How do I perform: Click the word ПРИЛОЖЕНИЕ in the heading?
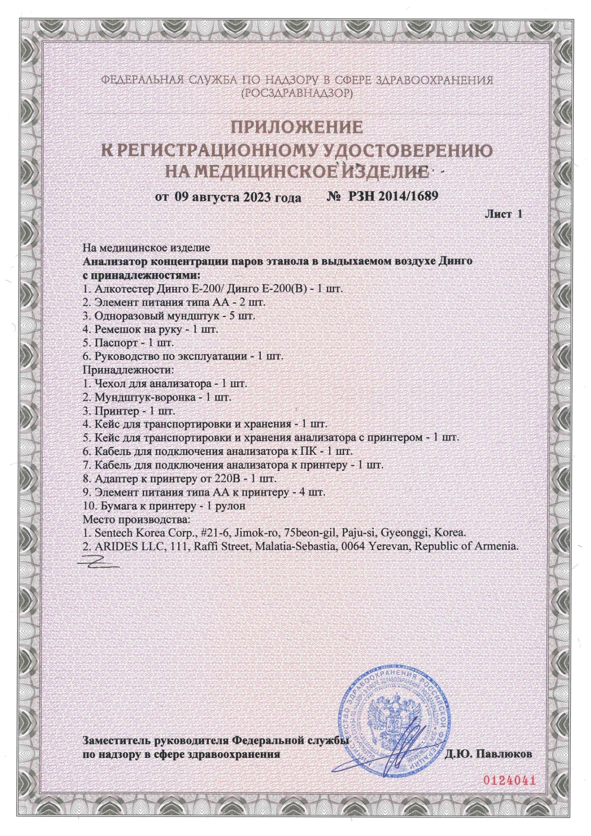(297, 127)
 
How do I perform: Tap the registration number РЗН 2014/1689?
(393, 196)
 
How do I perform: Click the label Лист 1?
(503, 214)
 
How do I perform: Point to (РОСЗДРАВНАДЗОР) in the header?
(297, 93)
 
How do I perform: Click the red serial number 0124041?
(509, 780)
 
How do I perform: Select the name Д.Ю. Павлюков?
(488, 754)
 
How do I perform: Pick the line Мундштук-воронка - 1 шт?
(157, 397)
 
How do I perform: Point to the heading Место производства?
(137, 519)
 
